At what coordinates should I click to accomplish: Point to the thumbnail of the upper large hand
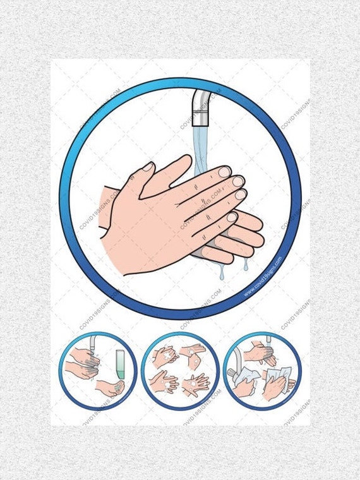pos(148,167)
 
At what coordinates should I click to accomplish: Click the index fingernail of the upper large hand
pos(224,171)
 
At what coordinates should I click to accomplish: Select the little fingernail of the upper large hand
pos(232,217)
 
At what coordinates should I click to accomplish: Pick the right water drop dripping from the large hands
pos(246,265)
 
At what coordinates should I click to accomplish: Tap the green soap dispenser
pos(120,366)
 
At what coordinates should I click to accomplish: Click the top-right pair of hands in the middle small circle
pos(193,356)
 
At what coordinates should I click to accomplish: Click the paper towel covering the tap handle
pos(244,377)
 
